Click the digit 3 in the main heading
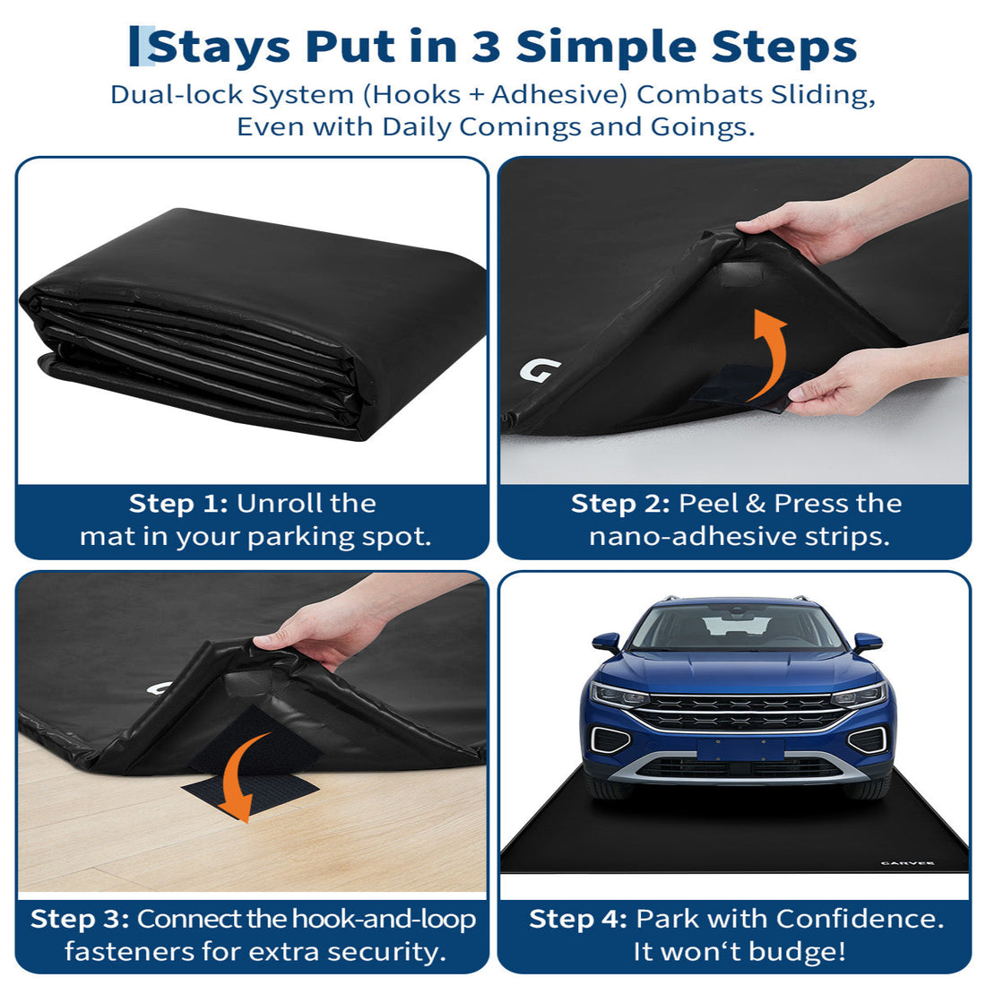click(486, 47)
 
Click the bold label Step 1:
click(178, 504)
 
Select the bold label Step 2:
click(620, 504)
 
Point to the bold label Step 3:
click(80, 919)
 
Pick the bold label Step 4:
click(578, 919)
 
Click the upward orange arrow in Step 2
click(768, 354)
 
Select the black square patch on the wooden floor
click(250, 793)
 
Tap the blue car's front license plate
click(740, 749)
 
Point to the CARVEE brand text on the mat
click(907, 862)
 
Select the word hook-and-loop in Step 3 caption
click(384, 919)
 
